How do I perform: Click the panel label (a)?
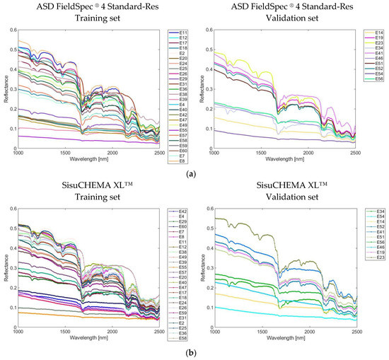tap(194, 173)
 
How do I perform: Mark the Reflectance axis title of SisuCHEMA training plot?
tap(4, 267)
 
